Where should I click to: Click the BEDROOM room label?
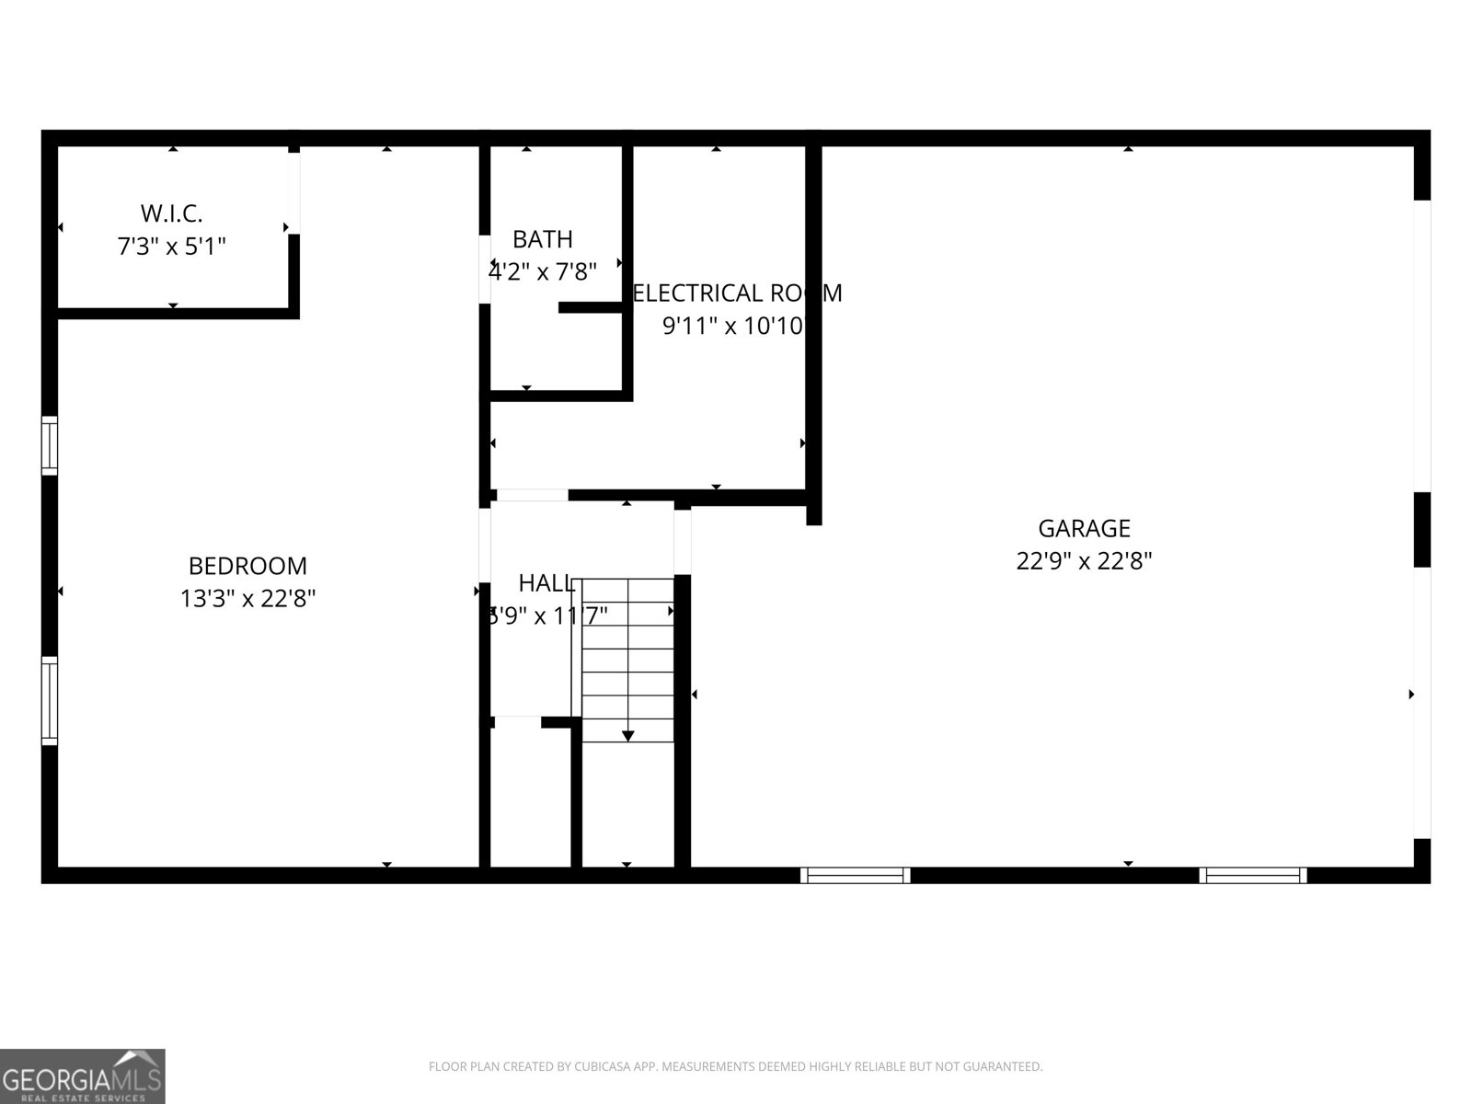247,565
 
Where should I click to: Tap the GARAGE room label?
1084,528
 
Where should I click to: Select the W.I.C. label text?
172,213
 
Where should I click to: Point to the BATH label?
542,239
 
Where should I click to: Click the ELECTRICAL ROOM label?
737,293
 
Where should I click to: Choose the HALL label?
547,582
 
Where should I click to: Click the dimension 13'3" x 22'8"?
247,599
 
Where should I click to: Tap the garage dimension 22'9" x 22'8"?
1084,561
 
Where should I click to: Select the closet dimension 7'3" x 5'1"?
172,247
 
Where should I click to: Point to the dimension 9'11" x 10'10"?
735,326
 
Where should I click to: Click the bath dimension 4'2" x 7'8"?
542,272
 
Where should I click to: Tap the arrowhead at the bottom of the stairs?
627,735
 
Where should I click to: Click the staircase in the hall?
627,658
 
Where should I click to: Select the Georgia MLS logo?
83,1075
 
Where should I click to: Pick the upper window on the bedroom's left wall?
50,446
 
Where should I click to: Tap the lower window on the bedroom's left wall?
50,700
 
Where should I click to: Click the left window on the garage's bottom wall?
855,875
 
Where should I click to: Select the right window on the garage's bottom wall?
1252,875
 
